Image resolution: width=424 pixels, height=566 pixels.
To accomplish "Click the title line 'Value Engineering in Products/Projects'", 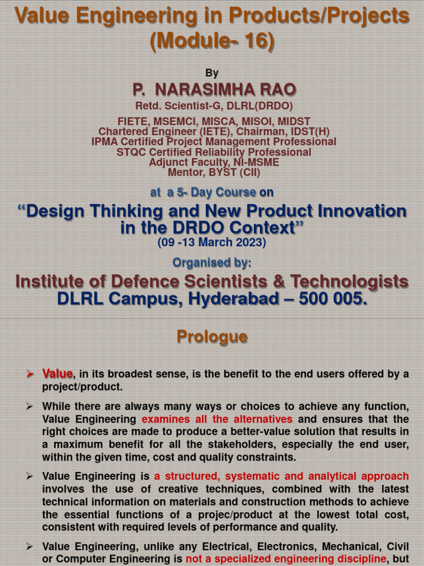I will pyautogui.click(x=212, y=16).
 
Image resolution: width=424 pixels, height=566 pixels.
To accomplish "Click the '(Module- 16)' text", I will pyautogui.click(x=212, y=41).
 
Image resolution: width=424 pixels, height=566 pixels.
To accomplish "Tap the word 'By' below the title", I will pyautogui.click(x=212, y=73).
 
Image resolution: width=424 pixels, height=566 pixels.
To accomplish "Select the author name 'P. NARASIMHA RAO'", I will pyautogui.click(x=214, y=90).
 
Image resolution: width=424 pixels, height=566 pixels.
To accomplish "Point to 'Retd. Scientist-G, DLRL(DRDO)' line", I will pyautogui.click(x=214, y=106).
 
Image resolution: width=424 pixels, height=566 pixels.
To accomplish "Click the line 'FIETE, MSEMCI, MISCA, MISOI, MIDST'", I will pyautogui.click(x=214, y=121).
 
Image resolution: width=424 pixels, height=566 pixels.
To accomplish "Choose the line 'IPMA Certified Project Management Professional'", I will pyautogui.click(x=214, y=141).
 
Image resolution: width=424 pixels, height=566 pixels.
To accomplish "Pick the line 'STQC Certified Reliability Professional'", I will pyautogui.click(x=214, y=152).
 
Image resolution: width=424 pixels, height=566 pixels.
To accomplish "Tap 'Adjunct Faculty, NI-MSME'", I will pyautogui.click(x=214, y=163).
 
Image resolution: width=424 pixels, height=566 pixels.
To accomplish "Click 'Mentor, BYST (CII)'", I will pyautogui.click(x=214, y=172).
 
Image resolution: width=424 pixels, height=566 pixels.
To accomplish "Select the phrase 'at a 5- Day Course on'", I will pyautogui.click(x=212, y=192).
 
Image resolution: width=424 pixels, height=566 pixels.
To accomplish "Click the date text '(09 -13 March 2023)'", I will pyautogui.click(x=212, y=242).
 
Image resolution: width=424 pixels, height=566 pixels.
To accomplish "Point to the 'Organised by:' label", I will pyautogui.click(x=212, y=263).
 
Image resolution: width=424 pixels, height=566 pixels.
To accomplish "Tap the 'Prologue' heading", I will pyautogui.click(x=212, y=337).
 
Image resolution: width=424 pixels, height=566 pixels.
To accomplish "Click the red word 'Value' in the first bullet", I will pyautogui.click(x=57, y=374).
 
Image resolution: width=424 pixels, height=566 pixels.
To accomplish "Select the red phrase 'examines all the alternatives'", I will pyautogui.click(x=217, y=419).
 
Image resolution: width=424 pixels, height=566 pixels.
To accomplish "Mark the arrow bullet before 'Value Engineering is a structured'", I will pyautogui.click(x=30, y=476).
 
